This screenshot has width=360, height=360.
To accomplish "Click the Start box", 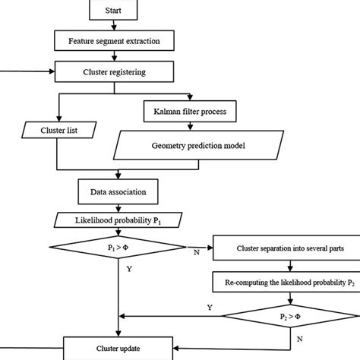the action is [x=113, y=10].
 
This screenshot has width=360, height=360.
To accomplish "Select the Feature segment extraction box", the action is [x=114, y=41].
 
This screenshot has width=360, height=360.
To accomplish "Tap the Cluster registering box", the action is [x=114, y=71].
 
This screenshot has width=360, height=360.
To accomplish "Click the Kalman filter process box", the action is [x=190, y=112].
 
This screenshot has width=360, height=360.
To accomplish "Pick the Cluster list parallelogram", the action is [x=59, y=130].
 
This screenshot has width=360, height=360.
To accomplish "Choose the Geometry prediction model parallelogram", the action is [x=198, y=145].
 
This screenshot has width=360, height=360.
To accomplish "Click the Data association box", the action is [x=118, y=191].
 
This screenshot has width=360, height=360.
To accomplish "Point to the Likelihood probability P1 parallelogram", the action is [x=118, y=220].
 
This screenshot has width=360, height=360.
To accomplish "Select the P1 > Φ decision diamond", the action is [x=118, y=247].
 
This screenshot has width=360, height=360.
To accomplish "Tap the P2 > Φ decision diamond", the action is [x=290, y=316].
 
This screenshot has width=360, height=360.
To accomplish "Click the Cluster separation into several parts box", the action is [x=286, y=248].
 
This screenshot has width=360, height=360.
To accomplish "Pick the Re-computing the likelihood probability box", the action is [x=286, y=282].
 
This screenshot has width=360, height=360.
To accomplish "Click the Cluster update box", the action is [x=118, y=349].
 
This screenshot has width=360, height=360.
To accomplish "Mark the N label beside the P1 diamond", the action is [x=197, y=252].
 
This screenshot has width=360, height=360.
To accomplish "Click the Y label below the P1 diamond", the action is [x=129, y=269].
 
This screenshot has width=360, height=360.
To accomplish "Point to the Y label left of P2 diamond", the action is [x=210, y=308].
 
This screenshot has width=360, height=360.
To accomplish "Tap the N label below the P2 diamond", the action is [x=300, y=339].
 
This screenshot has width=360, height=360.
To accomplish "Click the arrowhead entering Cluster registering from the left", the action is [x=52, y=71].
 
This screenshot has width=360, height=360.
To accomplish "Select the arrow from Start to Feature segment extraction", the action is [x=114, y=25].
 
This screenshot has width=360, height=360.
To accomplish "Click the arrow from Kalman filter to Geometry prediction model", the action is [x=190, y=126].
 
